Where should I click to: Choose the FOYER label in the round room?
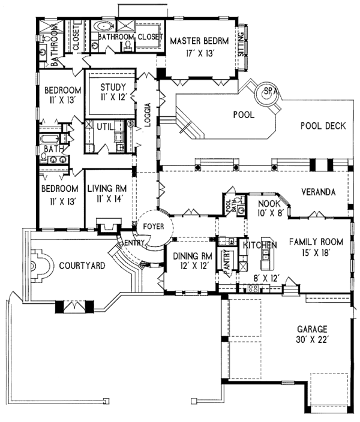coord(154,227)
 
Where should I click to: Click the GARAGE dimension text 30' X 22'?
coord(310,340)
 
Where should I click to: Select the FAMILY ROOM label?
coord(316,242)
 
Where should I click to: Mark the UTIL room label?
coord(106,126)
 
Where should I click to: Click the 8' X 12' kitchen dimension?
coord(265,277)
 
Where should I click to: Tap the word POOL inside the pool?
coord(243,114)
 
